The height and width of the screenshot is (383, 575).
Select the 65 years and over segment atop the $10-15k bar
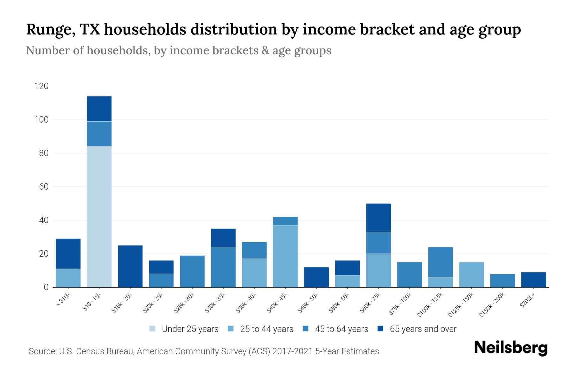pos(99,109)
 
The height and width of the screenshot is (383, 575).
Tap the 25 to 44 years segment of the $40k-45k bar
pos(285,256)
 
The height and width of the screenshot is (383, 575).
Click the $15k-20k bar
pos(130,266)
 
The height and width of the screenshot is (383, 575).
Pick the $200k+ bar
pos(533,280)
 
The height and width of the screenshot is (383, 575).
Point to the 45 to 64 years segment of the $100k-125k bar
pos(440,262)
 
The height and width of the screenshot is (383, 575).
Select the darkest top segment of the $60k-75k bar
pos(378,218)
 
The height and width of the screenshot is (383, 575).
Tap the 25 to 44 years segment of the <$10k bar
pos(68,278)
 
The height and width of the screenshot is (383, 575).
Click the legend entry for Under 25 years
pos(190,329)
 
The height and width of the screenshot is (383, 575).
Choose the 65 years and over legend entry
pos(423,329)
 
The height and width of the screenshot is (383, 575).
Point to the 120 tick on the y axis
pos(42,86)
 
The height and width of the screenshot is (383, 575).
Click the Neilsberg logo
pos(510,348)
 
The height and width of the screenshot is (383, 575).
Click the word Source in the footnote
pos(42,351)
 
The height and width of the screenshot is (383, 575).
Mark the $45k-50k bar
pos(316,277)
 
